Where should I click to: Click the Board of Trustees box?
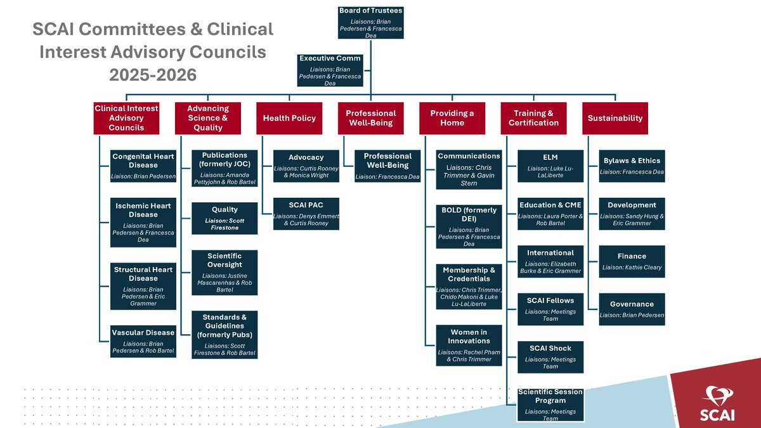point(371,23)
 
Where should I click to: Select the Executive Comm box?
point(330,70)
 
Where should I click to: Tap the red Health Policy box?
point(289,118)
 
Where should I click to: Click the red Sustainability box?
point(615,118)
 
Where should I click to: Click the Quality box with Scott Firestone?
point(224,217)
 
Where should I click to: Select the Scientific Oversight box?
point(224,273)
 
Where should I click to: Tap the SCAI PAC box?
point(306,213)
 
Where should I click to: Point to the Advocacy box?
point(306,165)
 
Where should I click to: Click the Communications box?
point(469,169)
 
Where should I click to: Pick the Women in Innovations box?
point(469,346)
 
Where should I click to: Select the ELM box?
point(550,165)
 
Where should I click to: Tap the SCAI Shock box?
point(550,357)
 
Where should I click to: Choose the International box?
point(550,261)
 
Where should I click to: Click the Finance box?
point(632,261)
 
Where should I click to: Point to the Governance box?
point(632,309)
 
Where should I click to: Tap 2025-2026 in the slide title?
point(153,75)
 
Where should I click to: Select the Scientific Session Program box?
point(550,405)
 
